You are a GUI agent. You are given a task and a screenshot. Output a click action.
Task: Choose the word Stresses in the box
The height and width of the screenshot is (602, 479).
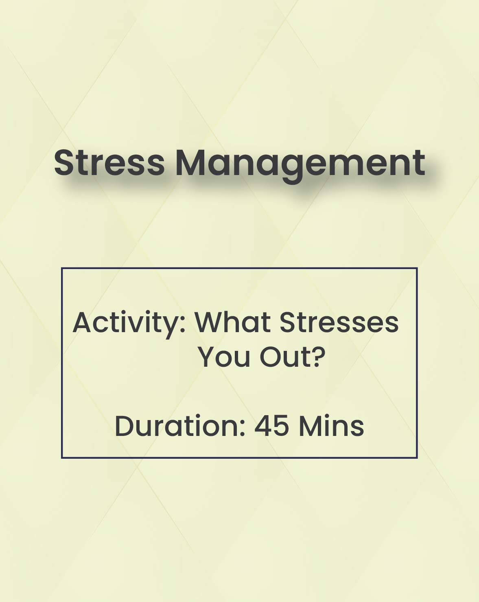click(x=339, y=323)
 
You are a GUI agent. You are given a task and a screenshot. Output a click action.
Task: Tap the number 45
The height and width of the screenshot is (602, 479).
click(x=271, y=427)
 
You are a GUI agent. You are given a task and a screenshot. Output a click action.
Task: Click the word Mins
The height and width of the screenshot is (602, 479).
click(x=331, y=426)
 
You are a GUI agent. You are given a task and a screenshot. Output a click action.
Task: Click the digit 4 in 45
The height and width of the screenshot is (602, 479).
click(x=263, y=427)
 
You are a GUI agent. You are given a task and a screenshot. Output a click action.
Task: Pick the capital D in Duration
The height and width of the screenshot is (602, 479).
click(x=125, y=426)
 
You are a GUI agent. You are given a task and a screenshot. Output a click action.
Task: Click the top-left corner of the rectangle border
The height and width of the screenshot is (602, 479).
click(x=62, y=268)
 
